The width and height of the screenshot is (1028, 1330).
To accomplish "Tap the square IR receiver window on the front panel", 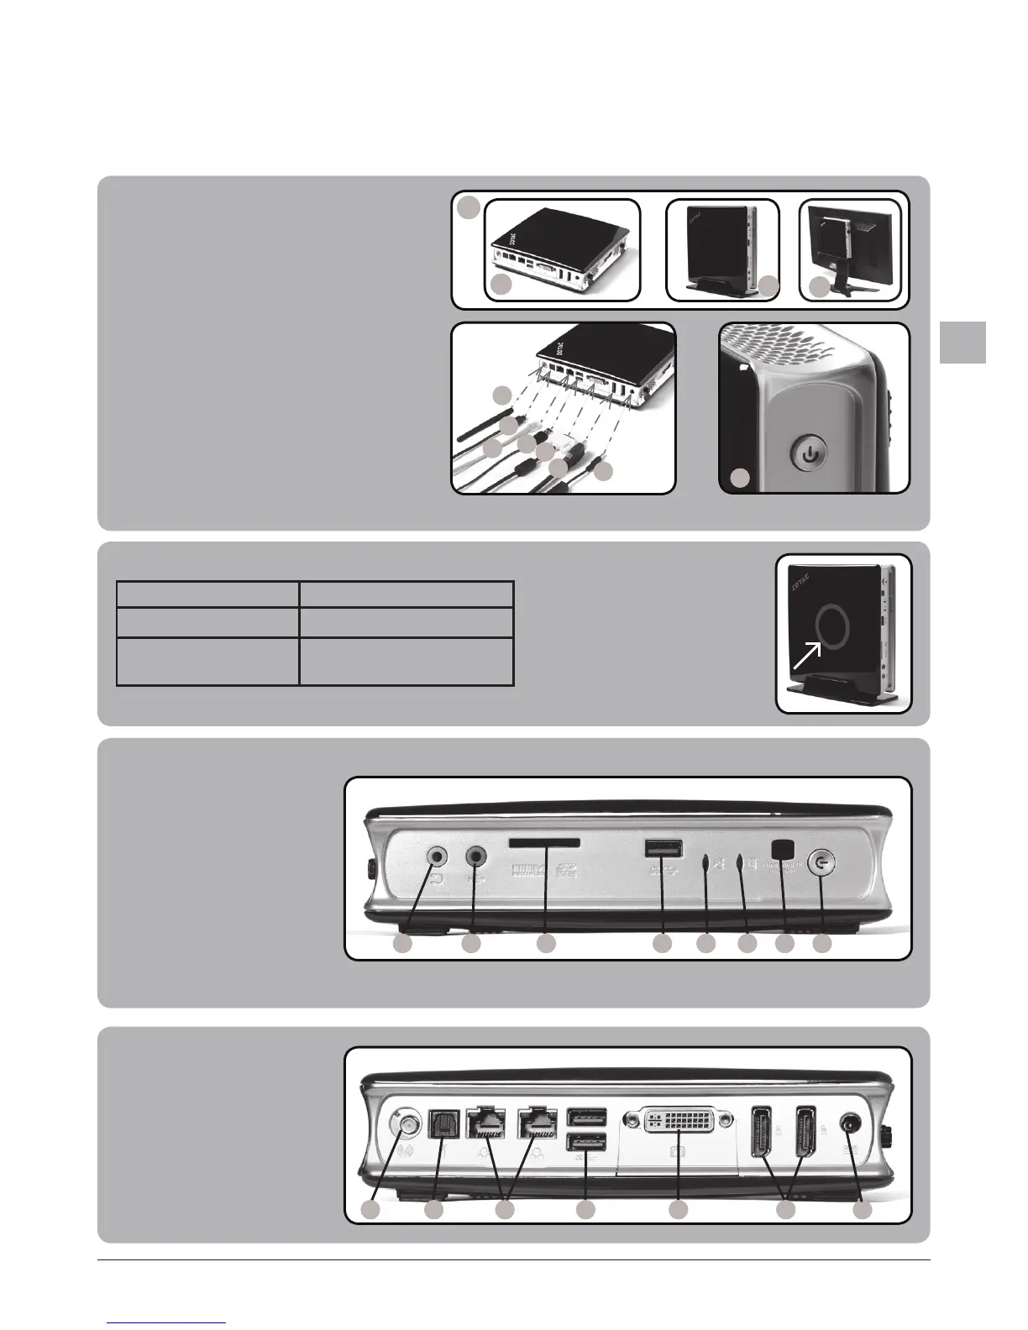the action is click(783, 849).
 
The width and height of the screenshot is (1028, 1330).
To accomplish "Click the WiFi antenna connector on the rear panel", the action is click(402, 1123).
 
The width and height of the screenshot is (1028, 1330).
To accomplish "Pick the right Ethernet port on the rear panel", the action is click(533, 1122).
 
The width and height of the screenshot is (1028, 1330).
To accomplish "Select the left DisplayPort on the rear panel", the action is click(764, 1125).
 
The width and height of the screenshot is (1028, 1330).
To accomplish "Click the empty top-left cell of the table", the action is click(207, 594).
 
